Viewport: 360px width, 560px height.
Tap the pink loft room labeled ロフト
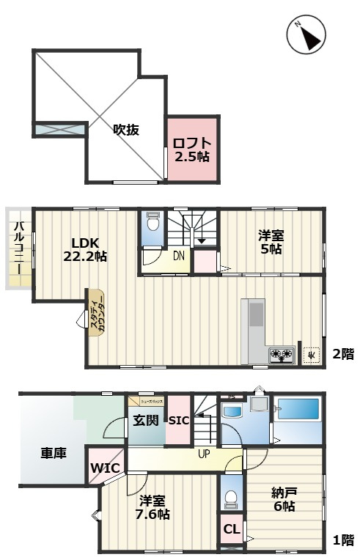point(192,149)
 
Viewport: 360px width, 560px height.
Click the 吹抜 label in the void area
point(126,130)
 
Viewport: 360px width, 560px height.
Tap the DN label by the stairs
point(179,256)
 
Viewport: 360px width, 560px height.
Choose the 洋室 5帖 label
point(271,243)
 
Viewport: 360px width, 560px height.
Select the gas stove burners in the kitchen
point(282,355)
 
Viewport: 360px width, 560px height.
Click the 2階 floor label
point(342,355)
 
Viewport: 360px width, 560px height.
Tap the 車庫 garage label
point(54,453)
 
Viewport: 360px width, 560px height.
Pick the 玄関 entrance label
point(145,421)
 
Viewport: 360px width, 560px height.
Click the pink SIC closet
point(180,421)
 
